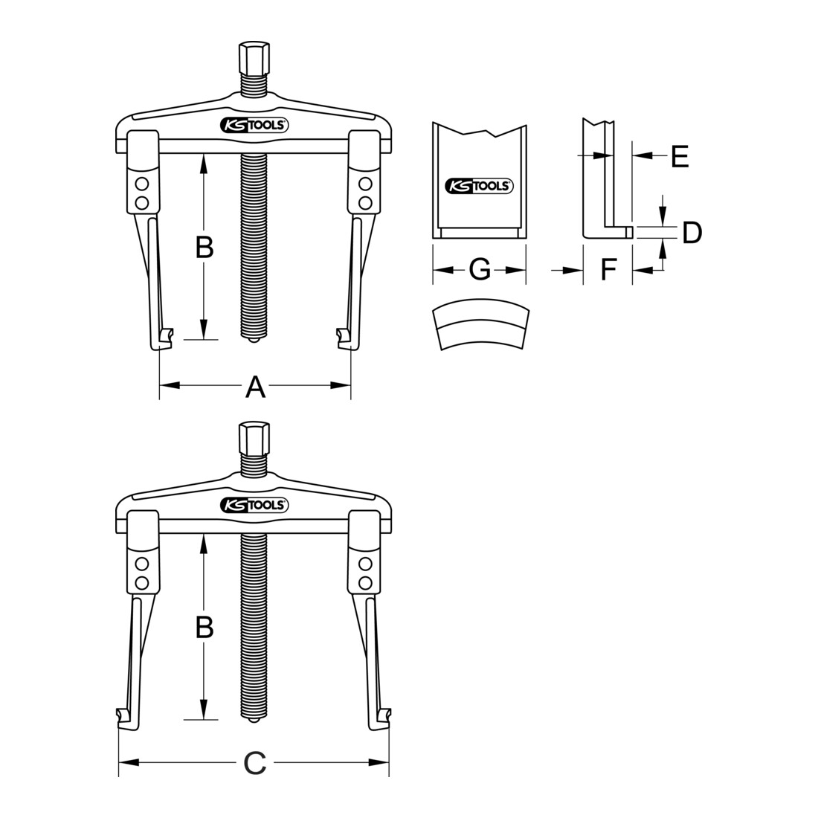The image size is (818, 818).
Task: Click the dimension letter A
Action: pyautogui.click(x=255, y=387)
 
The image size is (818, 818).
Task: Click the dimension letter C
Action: pyautogui.click(x=255, y=764)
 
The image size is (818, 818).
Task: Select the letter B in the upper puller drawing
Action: pyautogui.click(x=204, y=248)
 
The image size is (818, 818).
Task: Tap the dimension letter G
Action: pyautogui.click(x=480, y=270)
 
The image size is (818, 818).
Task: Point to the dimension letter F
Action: pyautogui.click(x=608, y=270)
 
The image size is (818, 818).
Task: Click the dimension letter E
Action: pyautogui.click(x=680, y=155)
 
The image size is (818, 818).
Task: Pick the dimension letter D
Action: pyautogui.click(x=692, y=232)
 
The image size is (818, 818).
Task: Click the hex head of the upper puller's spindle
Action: pyautogui.click(x=254, y=58)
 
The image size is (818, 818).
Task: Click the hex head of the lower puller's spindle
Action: pyautogui.click(x=254, y=438)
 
